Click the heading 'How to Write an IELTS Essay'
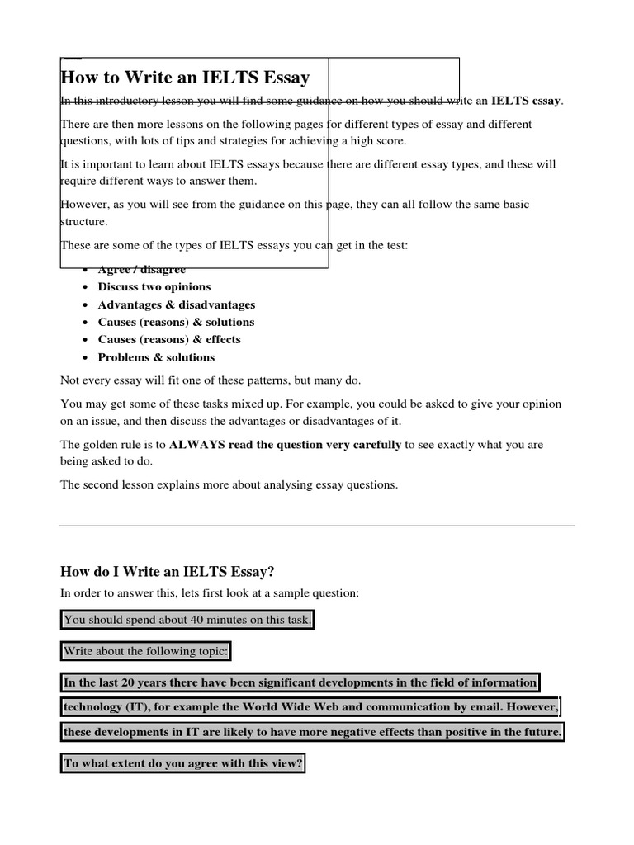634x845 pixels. point(185,78)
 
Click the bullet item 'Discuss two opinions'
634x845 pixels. point(154,287)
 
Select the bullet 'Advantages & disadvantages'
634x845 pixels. point(177,304)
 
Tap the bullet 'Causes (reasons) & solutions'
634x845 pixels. point(176,322)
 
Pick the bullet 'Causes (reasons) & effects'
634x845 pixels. point(169,339)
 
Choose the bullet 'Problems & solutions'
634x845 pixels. point(156,357)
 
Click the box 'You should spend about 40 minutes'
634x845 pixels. point(188,620)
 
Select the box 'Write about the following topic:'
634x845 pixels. point(146,651)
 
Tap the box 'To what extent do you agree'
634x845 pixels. point(183,763)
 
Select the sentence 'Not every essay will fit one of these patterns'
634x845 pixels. point(211,380)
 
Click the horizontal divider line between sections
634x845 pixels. point(317,525)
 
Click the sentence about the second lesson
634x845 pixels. point(229,485)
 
